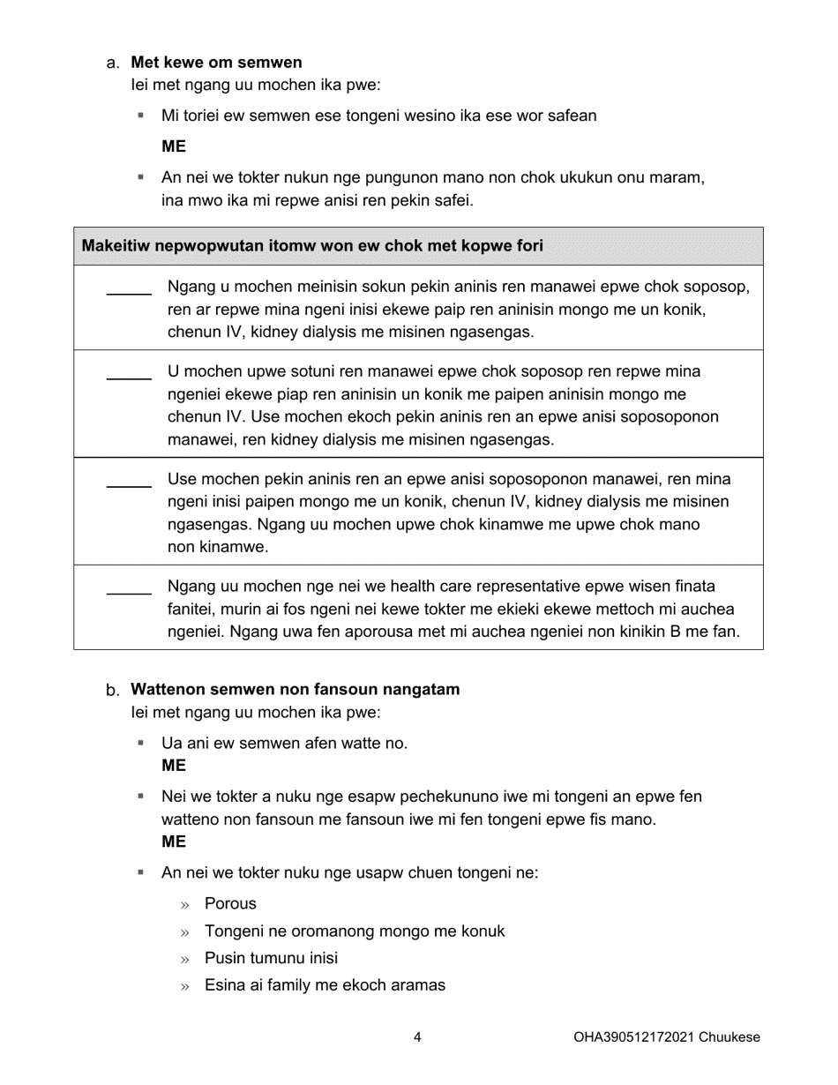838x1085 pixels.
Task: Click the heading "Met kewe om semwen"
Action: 216,63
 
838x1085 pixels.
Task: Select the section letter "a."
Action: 112,63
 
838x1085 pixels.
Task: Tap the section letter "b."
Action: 112,690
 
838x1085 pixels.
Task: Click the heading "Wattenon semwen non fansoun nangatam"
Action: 295,690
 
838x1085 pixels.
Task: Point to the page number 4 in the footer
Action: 417,1037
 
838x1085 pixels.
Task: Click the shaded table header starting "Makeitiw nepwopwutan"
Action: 312,245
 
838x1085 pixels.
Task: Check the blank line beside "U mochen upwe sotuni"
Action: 129,378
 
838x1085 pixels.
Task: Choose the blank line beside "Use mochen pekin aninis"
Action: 129,486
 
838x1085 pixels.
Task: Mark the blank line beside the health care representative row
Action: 129,593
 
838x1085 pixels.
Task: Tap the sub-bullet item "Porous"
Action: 230,903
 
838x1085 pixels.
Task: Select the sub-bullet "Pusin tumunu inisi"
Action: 271,958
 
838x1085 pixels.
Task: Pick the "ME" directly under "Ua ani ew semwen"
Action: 174,766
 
